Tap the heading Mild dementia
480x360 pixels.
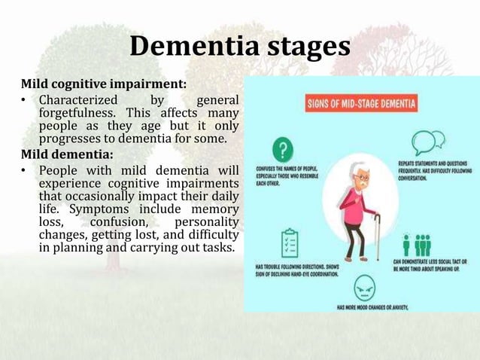tap(66, 155)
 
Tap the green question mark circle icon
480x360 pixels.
tap(283, 148)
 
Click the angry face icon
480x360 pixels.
tap(363, 286)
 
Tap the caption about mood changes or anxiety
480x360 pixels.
tap(387, 307)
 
